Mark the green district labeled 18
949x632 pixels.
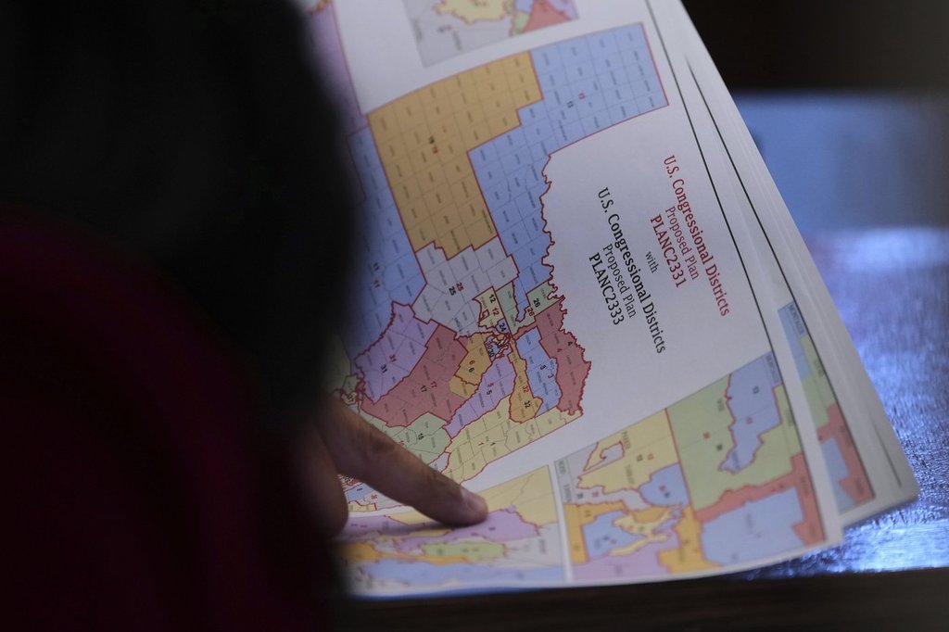point(417,428)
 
